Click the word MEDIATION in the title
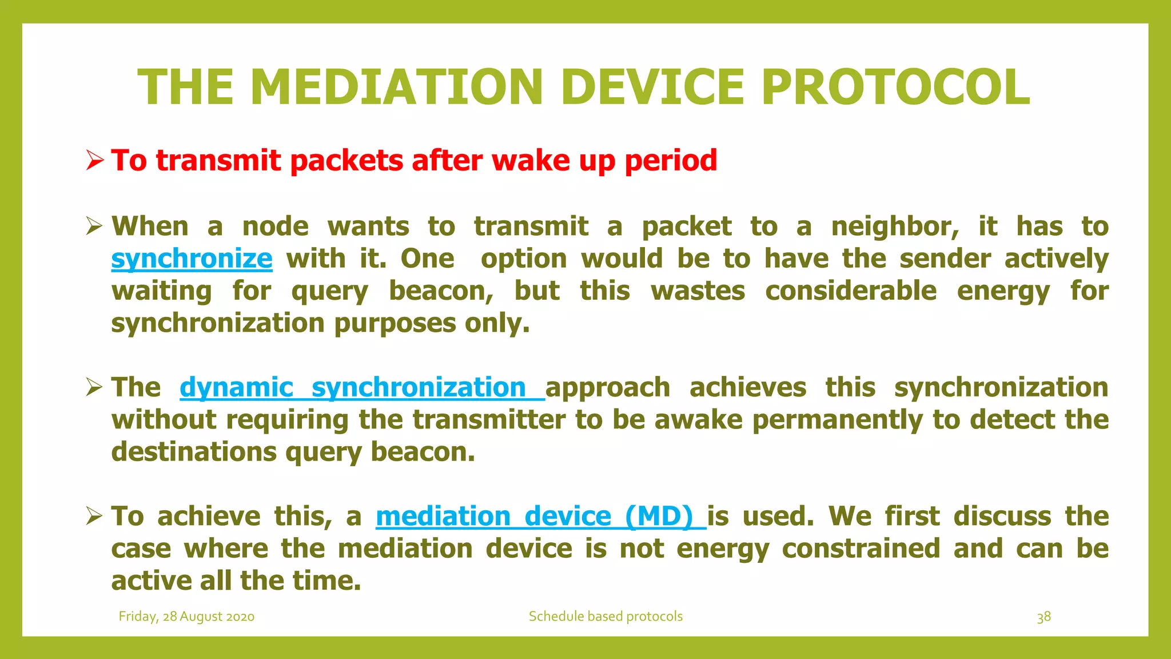[x=396, y=88]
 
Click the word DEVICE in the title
[x=652, y=88]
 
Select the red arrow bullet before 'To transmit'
[x=94, y=160]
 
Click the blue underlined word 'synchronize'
[x=192, y=259]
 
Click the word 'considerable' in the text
[x=851, y=291]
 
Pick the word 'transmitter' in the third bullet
[x=489, y=420]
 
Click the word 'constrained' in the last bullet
[x=861, y=549]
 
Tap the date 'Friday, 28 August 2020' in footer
[x=186, y=617]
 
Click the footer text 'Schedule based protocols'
[x=606, y=617]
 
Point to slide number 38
[x=1043, y=617]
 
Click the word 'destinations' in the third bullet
[x=194, y=452]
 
